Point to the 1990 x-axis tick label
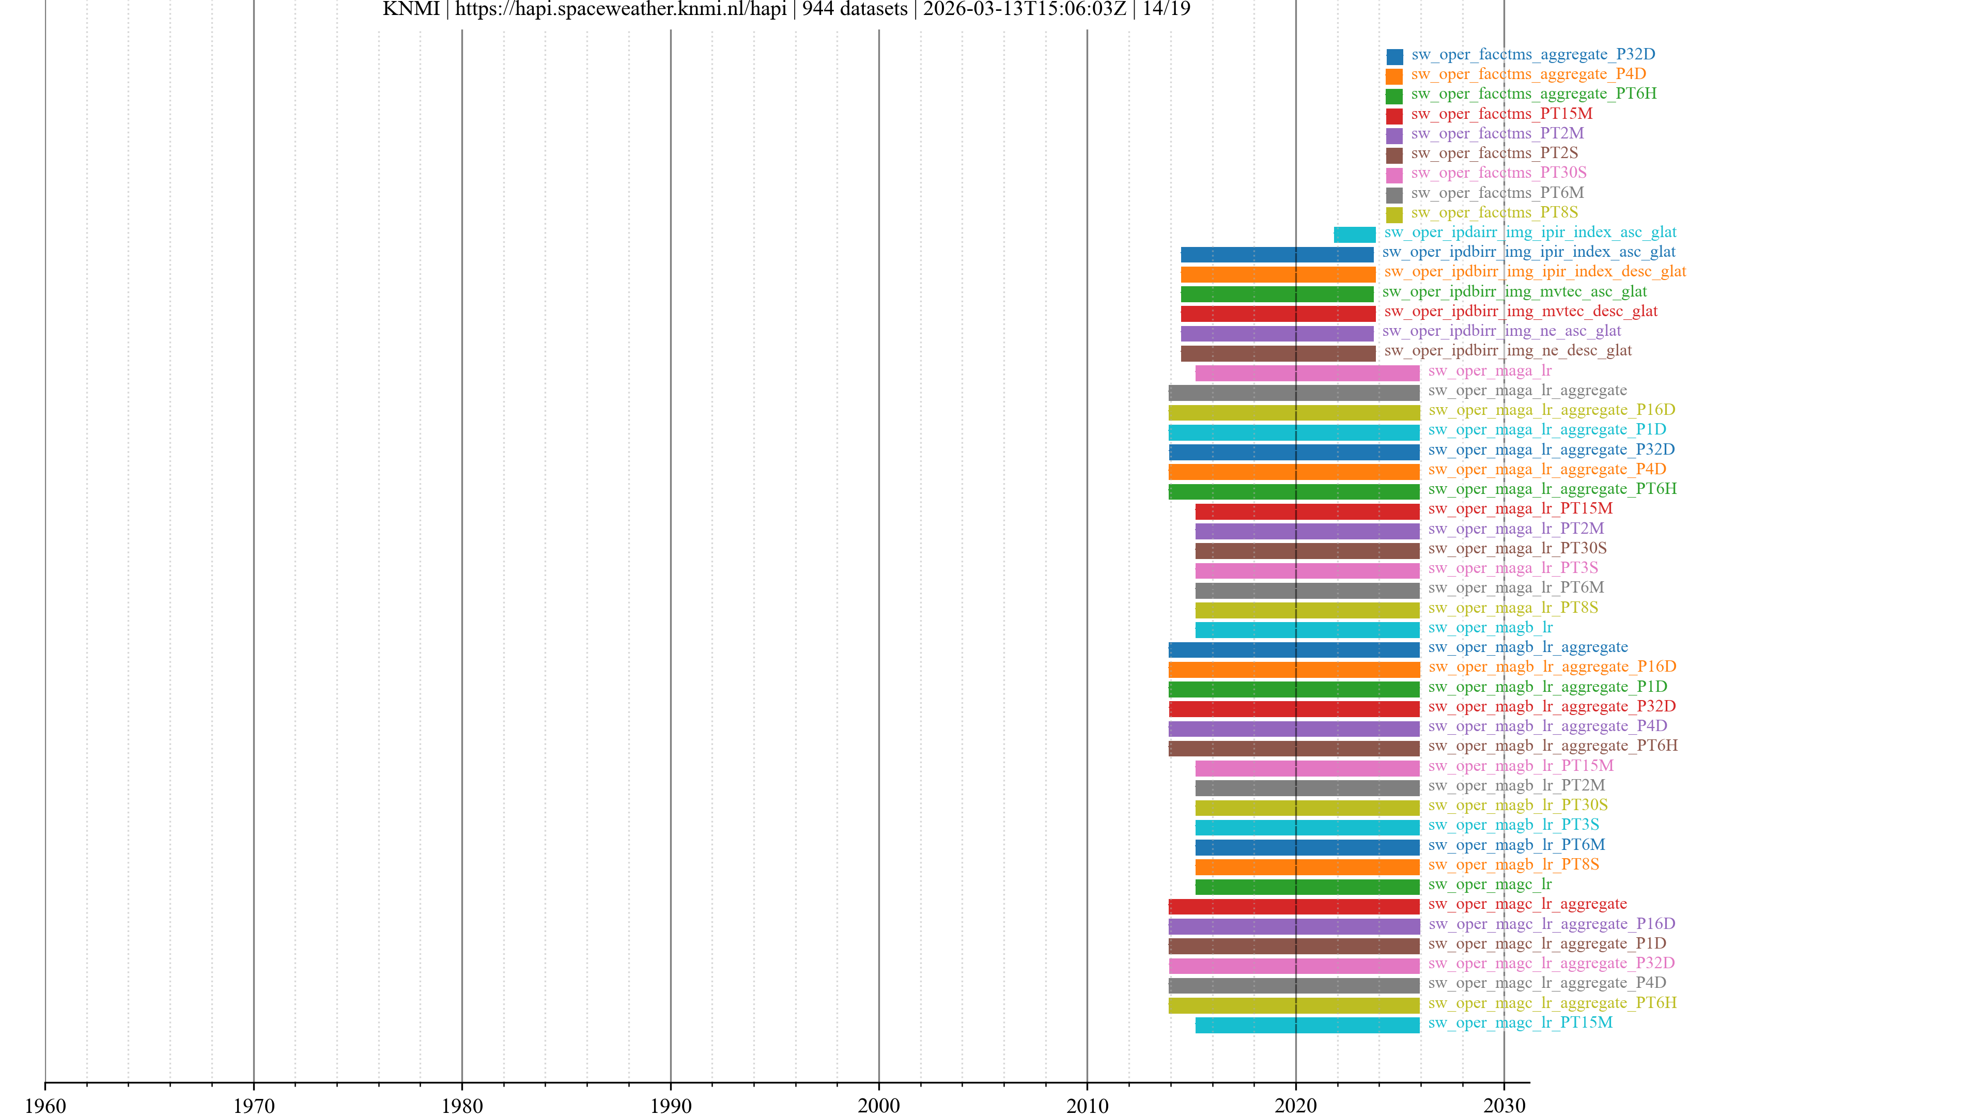(670, 1105)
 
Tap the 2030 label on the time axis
(1504, 1105)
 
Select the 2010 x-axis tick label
(1087, 1105)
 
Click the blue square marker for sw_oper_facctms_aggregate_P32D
(1394, 56)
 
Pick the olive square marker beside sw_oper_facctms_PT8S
(1394, 214)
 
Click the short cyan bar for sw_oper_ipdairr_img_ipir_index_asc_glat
(1354, 234)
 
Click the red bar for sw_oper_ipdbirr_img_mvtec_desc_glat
(1277, 314)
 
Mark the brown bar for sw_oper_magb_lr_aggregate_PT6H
(1293, 748)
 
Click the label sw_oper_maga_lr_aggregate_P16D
(1551, 410)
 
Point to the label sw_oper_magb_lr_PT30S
(1517, 805)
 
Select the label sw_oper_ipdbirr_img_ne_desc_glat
(1507, 350)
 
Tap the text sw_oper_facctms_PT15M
(1501, 114)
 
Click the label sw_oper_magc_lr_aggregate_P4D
(1546, 983)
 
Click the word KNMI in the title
(411, 9)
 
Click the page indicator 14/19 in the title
(1166, 9)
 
